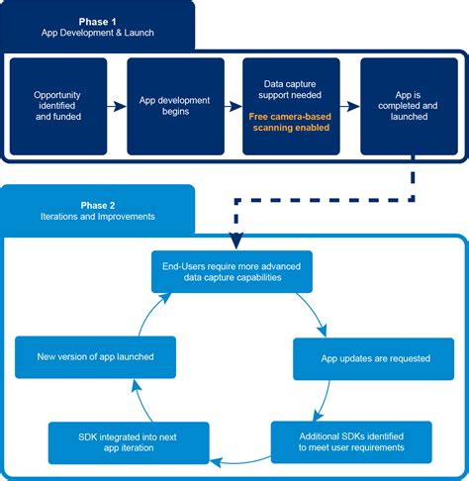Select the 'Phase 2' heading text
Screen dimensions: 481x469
pos(97,202)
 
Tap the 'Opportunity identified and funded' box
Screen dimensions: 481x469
pos(56,107)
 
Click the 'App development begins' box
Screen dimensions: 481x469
pos(175,107)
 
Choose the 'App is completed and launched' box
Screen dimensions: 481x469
pos(409,107)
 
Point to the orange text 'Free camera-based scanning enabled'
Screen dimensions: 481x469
pos(291,123)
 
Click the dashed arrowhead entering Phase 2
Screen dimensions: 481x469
pos(235,240)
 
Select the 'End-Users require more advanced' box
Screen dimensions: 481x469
pos(232,270)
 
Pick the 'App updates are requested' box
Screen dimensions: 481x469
pos(360,359)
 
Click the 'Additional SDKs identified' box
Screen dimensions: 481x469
pos(351,441)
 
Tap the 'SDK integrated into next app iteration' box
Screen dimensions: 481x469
pos(129,442)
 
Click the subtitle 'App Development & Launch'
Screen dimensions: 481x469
pos(97,34)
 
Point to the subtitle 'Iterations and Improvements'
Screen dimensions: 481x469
pos(97,217)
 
